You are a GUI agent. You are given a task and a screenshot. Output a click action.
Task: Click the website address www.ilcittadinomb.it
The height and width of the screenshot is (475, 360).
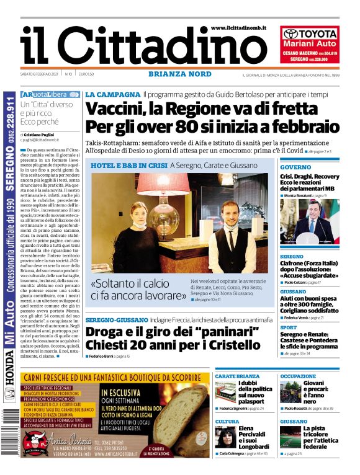(x=240, y=29)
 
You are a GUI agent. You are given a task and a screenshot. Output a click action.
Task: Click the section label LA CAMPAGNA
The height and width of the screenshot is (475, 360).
(x=112, y=94)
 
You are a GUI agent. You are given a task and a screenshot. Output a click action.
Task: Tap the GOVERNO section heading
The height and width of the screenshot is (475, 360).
(x=295, y=167)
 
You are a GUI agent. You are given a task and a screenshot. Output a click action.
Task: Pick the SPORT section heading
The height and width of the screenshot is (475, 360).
(x=289, y=327)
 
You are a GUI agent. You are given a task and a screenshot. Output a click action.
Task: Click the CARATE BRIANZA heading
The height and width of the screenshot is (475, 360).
(x=237, y=376)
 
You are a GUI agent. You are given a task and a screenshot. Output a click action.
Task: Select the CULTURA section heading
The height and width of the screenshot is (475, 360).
(x=227, y=421)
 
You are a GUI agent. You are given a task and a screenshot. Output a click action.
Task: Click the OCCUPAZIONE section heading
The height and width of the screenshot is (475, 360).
(x=298, y=376)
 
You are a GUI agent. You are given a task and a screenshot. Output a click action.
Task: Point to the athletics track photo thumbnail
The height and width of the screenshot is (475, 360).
(x=290, y=437)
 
